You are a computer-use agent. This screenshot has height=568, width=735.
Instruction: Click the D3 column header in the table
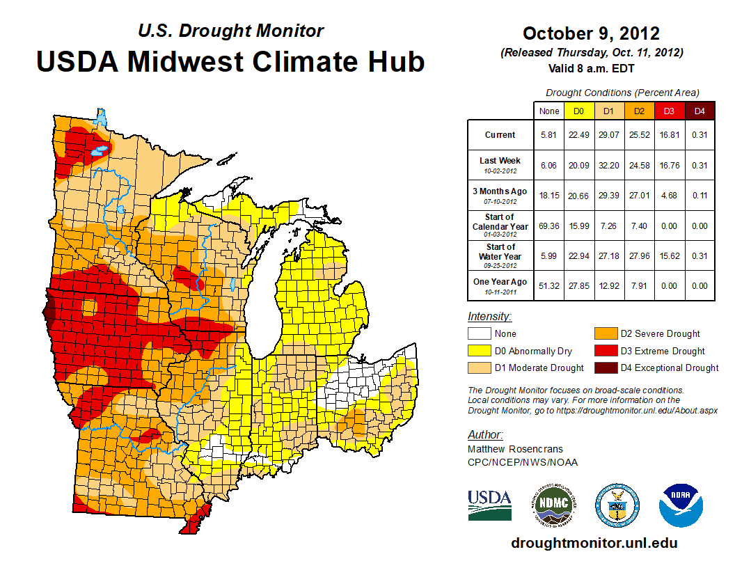[x=667, y=111]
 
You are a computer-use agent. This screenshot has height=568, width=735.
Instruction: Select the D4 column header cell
[x=700, y=111]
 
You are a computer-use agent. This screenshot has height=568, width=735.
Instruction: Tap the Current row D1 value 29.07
[x=608, y=135]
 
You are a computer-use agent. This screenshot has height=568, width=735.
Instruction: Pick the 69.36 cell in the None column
[x=549, y=226]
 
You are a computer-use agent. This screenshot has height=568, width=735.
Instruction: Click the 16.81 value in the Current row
[x=667, y=135]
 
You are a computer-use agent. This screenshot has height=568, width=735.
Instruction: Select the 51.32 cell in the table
[x=549, y=285]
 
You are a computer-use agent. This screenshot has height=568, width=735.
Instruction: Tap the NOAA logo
[x=681, y=505]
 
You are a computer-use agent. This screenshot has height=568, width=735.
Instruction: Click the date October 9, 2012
[x=591, y=33]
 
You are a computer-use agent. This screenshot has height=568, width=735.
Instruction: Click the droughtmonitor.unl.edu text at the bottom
[x=594, y=543]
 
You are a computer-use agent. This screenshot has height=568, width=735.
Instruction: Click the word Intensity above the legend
[x=489, y=317]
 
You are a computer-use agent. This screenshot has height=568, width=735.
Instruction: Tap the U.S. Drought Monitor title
[x=230, y=31]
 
